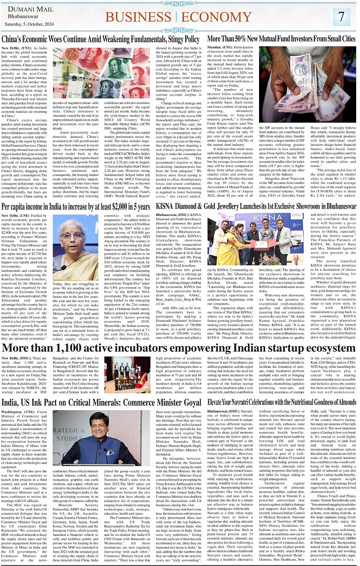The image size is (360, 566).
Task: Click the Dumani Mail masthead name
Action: pyautogui.click(x=30, y=9)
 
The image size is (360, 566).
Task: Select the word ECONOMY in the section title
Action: pyautogui.click(x=216, y=17)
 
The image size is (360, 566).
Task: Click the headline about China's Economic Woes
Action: pyautogui.click(x=101, y=39)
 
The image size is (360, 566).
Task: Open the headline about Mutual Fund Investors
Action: pyautogui.click(x=281, y=39)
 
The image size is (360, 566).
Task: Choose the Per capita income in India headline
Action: pyautogui.click(x=76, y=207)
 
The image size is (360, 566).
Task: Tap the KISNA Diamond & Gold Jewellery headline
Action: pyautogui.click(x=256, y=207)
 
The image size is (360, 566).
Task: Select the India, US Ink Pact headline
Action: pyautogui.click(x=101, y=403)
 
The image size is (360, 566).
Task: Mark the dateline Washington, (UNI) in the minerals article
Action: pyautogui.click(x=24, y=412)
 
